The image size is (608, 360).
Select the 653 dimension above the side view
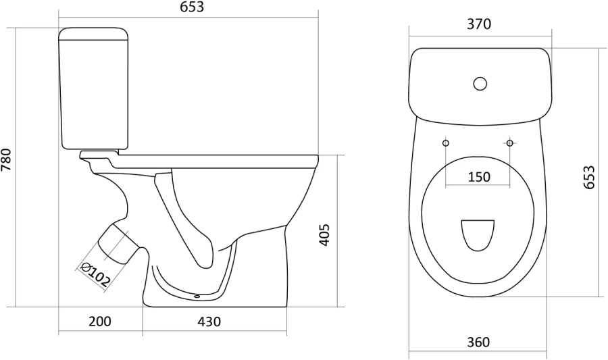click(192, 7)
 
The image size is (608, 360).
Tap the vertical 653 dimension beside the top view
click(588, 177)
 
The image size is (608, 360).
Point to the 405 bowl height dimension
click(324, 234)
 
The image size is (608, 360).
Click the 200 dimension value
click(100, 322)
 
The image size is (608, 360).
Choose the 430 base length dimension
click(209, 322)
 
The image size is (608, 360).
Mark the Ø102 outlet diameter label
click(95, 274)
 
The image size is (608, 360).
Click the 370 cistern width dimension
click(478, 24)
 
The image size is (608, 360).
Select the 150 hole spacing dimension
click(479, 177)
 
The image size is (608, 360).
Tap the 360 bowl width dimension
click(478, 342)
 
